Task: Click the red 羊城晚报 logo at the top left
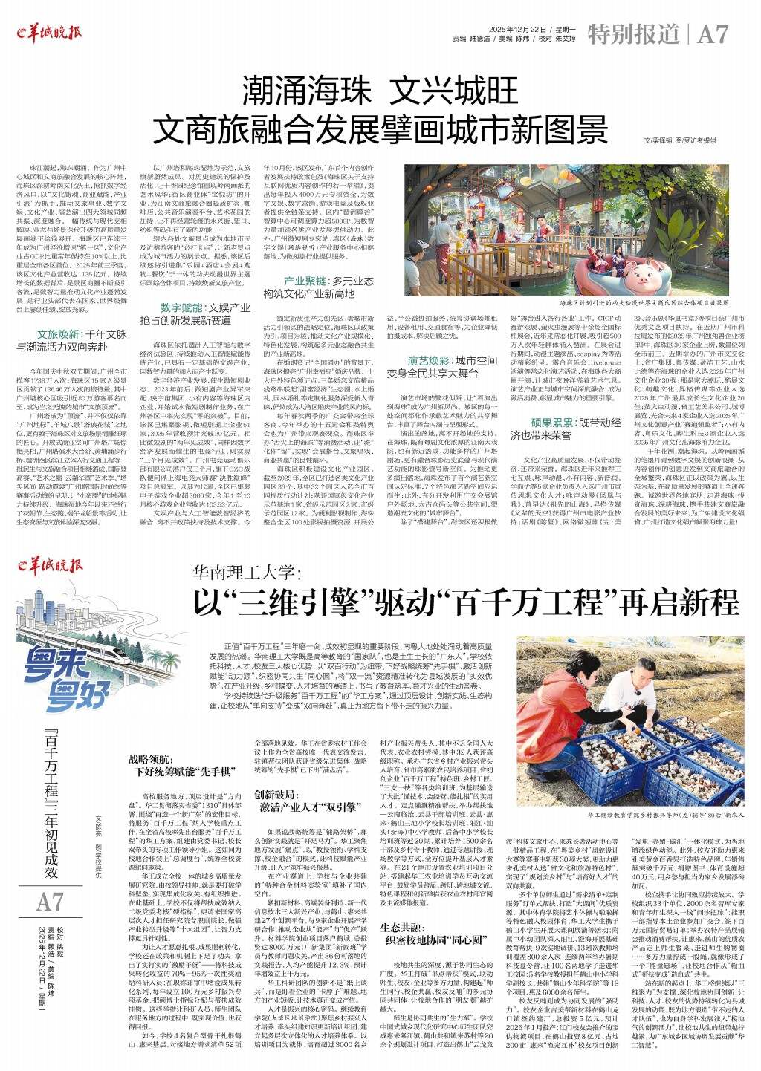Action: coord(50,32)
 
